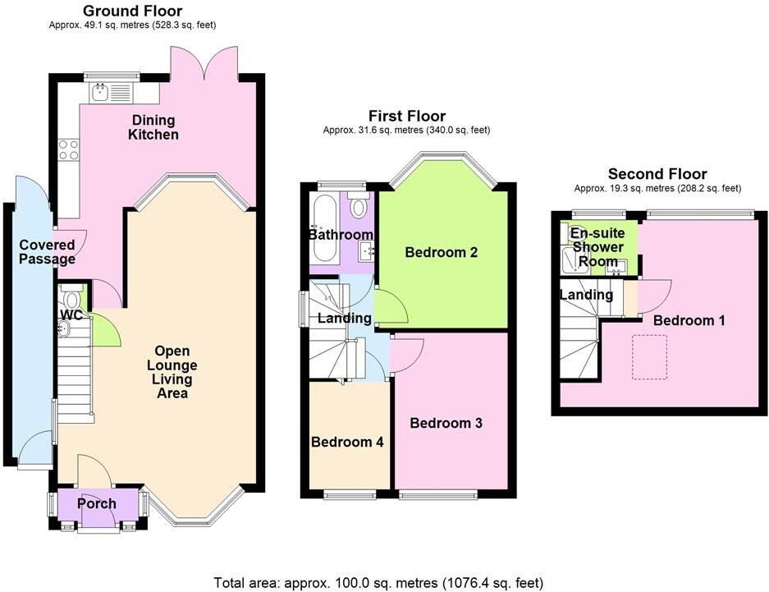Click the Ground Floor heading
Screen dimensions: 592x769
coord(132,11)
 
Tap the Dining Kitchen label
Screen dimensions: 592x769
coord(153,127)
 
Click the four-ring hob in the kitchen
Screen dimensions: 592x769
coord(68,150)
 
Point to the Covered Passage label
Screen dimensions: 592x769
coord(47,252)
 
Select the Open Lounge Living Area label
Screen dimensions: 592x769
coord(172,379)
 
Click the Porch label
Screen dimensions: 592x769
coord(96,503)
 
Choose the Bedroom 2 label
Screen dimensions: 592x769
coord(442,253)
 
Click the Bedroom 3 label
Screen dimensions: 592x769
coord(446,424)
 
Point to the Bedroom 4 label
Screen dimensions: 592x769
coord(347,442)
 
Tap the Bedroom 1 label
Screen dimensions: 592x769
coord(689,320)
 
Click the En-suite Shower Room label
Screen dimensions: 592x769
coord(598,247)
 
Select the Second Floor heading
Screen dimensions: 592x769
coord(657,174)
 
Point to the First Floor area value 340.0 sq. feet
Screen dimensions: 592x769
coord(450,131)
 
